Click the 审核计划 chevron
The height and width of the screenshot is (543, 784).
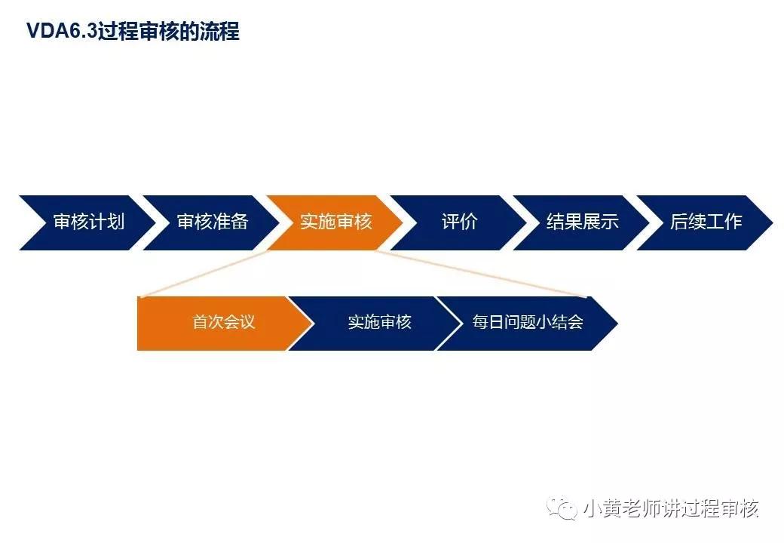coord(88,222)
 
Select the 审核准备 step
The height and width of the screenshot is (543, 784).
coord(212,222)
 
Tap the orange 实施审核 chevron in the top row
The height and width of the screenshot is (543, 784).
coord(335,222)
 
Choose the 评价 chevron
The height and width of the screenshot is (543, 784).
coord(459,222)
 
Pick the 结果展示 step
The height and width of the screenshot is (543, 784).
coord(582,222)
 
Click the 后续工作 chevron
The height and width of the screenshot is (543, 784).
coord(706,222)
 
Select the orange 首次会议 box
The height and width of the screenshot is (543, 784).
coord(223,322)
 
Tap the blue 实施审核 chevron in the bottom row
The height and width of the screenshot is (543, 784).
coord(379,322)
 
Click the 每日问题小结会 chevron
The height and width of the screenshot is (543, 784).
coord(528,322)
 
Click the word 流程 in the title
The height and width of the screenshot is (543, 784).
coord(222,32)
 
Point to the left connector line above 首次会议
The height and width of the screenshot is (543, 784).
coord(204,273)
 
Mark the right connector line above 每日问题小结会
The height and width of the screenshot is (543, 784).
coord(482,273)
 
